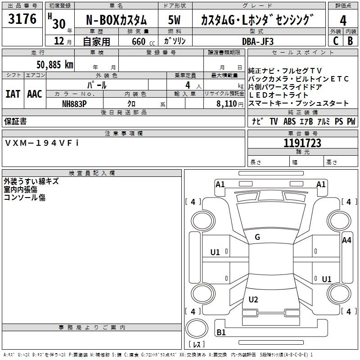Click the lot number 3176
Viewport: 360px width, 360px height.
[x=22, y=19]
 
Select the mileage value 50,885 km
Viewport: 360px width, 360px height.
[x=55, y=65]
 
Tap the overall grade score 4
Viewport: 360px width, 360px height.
[x=343, y=20]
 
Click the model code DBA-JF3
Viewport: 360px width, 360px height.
[x=258, y=41]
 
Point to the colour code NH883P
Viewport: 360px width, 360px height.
[x=74, y=104]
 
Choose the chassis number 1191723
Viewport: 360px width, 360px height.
[x=302, y=143]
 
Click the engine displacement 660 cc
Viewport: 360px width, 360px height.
[x=143, y=41]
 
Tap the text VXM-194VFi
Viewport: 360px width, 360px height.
[x=42, y=143]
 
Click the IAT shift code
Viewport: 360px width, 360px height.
[x=13, y=94]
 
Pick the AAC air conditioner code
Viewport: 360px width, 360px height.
[x=35, y=94]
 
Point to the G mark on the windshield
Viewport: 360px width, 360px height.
[x=257, y=237]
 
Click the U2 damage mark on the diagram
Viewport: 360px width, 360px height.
[x=253, y=299]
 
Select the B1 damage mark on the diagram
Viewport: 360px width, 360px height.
[x=221, y=332]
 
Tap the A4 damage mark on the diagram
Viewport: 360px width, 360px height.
[x=346, y=240]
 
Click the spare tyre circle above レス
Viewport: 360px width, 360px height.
[x=197, y=328]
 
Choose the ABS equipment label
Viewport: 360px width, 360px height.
[x=289, y=121]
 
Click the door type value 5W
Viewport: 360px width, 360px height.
[x=174, y=20]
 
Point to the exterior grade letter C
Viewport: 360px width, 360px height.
[x=336, y=41]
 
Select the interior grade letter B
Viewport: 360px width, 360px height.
[x=350, y=41]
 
